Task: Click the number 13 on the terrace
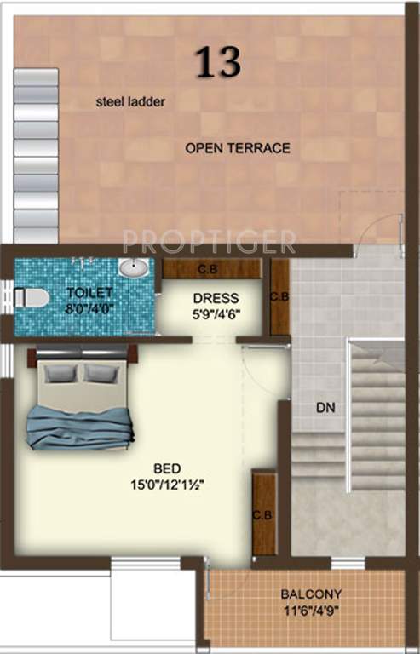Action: [218, 61]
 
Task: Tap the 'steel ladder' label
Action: [130, 102]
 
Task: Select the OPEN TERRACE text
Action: [238, 148]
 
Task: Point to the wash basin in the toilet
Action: [134, 268]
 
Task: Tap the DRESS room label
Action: [216, 299]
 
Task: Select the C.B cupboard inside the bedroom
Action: [264, 514]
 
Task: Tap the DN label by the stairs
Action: [325, 408]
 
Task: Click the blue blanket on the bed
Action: [80, 425]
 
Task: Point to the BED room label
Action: [167, 468]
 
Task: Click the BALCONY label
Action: [311, 594]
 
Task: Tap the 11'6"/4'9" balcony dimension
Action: [311, 610]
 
